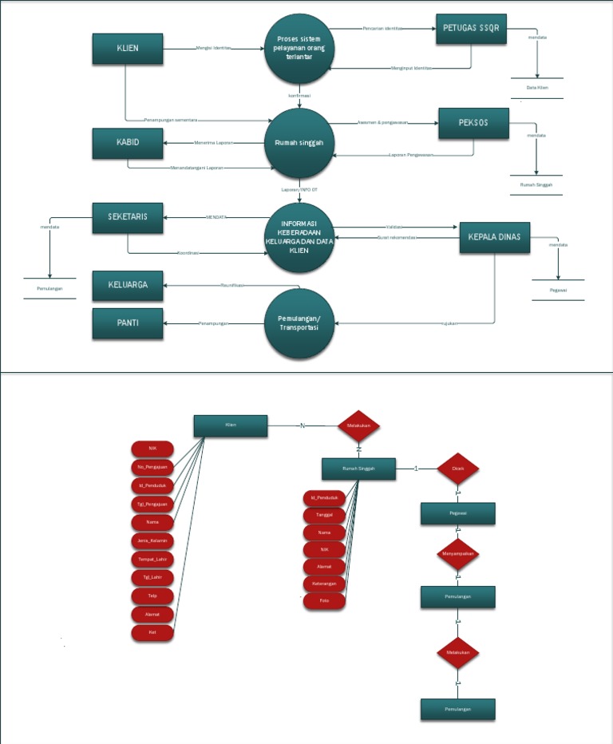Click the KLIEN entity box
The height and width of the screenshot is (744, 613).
[128, 49]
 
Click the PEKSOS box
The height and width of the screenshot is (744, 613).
[473, 123]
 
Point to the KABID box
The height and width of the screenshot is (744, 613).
[128, 143]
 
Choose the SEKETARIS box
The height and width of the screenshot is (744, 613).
[128, 217]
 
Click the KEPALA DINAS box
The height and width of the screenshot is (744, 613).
[495, 236]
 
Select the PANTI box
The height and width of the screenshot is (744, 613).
[128, 323]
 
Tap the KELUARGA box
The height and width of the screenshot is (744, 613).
[128, 285]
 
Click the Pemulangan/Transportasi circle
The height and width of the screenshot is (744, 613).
[299, 323]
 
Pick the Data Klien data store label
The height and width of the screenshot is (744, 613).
[536, 87]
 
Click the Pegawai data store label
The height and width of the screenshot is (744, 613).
[558, 290]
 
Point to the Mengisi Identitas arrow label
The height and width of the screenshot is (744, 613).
[213, 48]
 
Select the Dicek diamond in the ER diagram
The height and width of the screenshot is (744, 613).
[457, 469]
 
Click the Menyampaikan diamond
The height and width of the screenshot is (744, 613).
[457, 552]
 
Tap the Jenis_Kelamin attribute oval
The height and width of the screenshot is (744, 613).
[152, 540]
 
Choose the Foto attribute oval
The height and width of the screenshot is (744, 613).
[324, 600]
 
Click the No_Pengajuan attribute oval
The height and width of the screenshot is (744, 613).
[152, 466]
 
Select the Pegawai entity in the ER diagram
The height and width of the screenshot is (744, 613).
[457, 513]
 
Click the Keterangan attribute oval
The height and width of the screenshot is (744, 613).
[324, 584]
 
